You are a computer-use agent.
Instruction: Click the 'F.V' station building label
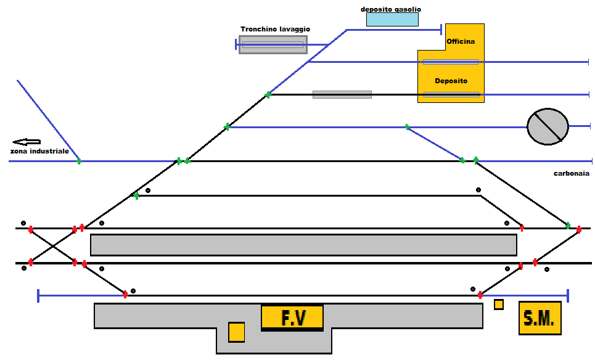(292, 317)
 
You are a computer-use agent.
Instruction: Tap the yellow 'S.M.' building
(540, 318)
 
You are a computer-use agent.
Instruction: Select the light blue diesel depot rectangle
(392, 19)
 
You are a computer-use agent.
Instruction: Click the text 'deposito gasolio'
(391, 9)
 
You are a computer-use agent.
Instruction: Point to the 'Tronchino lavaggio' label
(275, 29)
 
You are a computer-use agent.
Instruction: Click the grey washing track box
(273, 44)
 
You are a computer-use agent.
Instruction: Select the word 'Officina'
(461, 41)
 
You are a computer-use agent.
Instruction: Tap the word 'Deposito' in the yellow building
(451, 81)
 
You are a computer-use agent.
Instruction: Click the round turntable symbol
(548, 127)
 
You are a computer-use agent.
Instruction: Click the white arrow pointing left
(27, 142)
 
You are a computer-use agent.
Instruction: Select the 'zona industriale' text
(39, 151)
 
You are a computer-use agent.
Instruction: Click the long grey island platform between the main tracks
(303, 245)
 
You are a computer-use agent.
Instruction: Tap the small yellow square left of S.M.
(499, 305)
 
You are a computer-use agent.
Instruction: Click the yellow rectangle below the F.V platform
(237, 332)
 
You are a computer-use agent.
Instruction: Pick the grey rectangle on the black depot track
(342, 94)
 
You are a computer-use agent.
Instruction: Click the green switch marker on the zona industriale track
(79, 162)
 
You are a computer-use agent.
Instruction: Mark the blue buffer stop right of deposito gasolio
(441, 29)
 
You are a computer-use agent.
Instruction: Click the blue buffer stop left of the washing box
(236, 44)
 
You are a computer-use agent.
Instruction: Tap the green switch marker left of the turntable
(407, 127)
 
